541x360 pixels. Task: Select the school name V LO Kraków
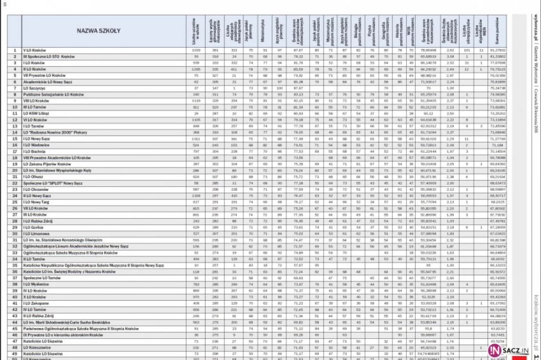point(35,51)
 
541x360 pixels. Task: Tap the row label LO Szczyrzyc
point(34,88)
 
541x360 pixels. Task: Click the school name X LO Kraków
point(35,297)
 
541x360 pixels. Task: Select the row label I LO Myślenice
point(36,284)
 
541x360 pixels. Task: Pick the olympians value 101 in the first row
point(466,51)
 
